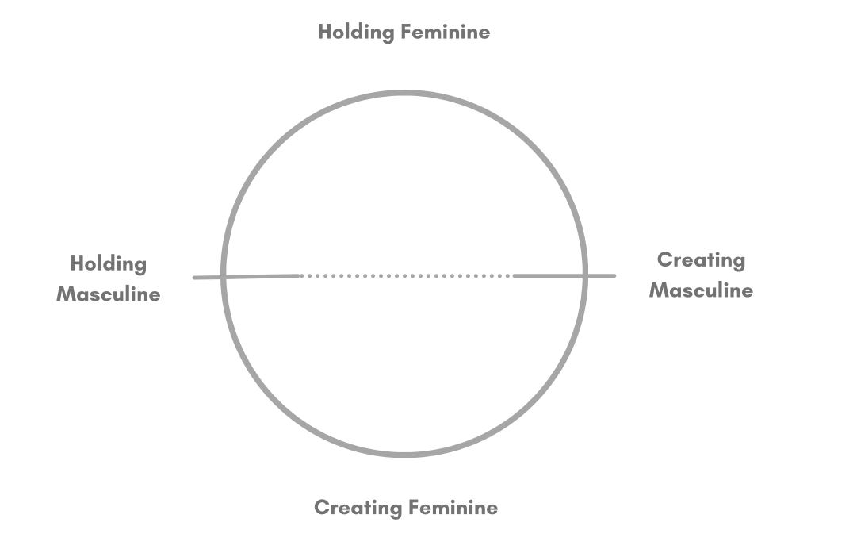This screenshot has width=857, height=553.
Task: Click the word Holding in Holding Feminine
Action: (356, 33)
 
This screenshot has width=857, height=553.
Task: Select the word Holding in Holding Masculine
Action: (109, 264)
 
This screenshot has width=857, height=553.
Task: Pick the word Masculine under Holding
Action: (109, 294)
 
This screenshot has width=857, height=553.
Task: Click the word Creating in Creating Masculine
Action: (702, 260)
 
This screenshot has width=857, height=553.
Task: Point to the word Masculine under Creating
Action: (702, 290)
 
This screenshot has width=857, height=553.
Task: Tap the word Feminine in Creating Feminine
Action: (453, 508)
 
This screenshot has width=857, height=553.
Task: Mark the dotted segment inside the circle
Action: (406, 276)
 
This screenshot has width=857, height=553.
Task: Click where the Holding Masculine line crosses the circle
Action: (224, 277)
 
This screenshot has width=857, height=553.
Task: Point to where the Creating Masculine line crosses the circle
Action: (585, 275)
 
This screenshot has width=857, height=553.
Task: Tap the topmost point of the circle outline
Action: (404, 94)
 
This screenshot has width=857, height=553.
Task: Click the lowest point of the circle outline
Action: (404, 455)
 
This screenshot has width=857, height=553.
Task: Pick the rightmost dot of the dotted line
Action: (510, 276)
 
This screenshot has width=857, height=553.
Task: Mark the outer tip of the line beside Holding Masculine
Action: (195, 278)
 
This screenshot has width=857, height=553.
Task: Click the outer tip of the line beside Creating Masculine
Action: (614, 275)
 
